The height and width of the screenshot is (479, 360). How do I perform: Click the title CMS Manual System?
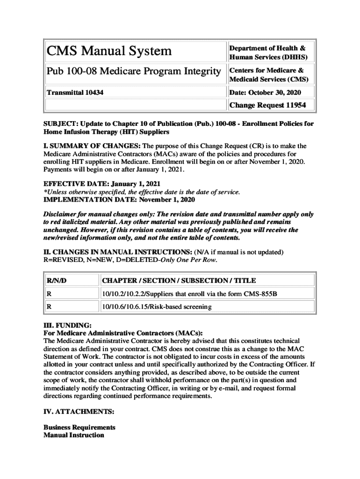pos(108,51)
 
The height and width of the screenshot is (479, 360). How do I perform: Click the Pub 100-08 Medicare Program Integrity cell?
pos(133,72)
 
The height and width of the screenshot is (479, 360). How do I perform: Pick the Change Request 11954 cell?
pos(267,105)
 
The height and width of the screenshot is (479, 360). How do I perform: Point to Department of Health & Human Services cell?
pos(267,53)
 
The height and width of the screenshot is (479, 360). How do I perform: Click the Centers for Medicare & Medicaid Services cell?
pos(266,74)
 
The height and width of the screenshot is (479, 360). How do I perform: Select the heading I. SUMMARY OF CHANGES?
pos(89,146)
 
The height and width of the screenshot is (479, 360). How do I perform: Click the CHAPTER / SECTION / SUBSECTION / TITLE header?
pos(179,281)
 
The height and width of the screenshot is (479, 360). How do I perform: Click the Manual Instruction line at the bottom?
pos(74,435)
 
